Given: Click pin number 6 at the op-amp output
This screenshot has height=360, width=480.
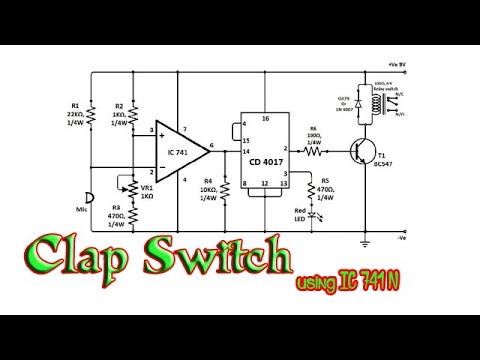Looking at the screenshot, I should (212, 145).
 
